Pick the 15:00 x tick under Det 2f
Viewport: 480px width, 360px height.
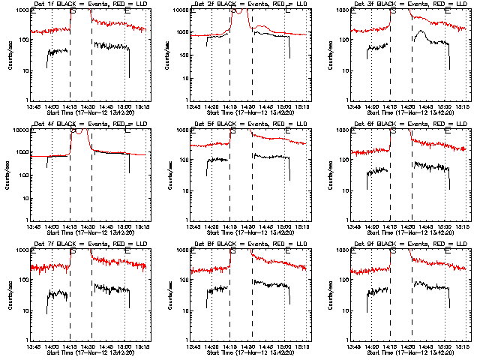tap(285, 106)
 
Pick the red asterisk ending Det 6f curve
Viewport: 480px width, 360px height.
tap(464, 149)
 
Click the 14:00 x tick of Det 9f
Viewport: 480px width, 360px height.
tap(373, 346)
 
